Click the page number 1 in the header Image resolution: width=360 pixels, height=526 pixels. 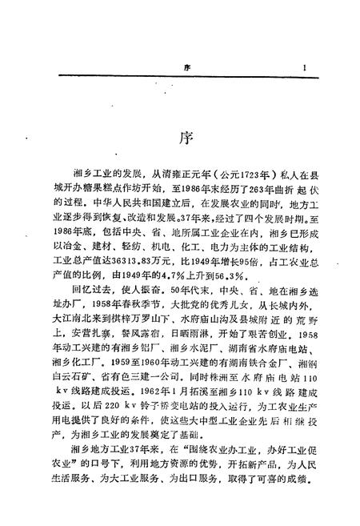point(305,69)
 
